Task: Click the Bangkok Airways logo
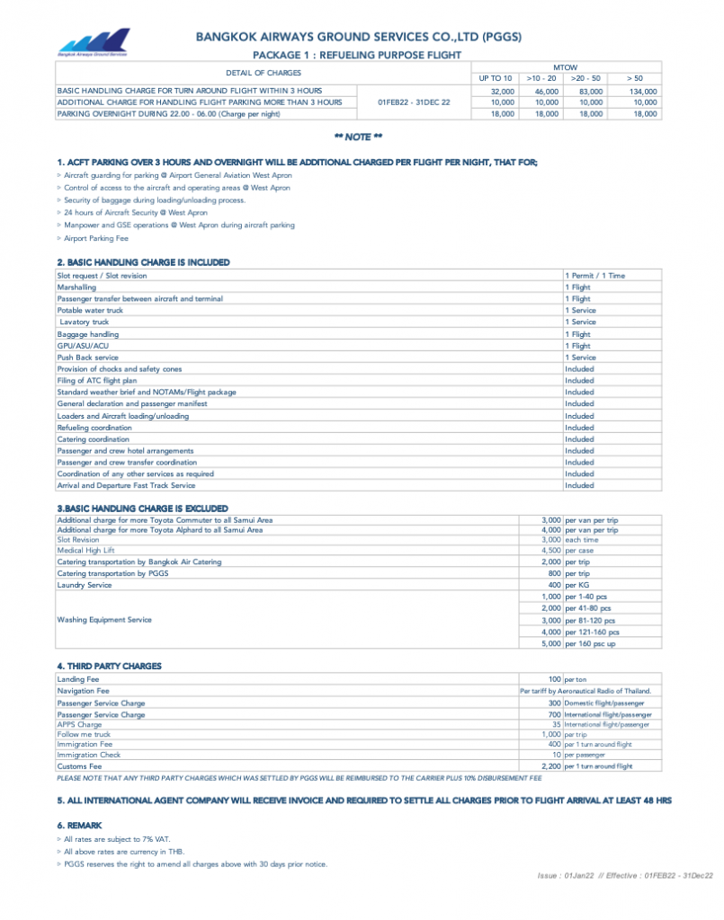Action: click(x=94, y=43)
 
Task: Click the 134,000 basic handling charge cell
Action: click(x=643, y=92)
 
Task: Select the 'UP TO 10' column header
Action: click(x=496, y=79)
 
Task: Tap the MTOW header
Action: click(x=565, y=67)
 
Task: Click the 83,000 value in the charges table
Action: click(x=591, y=92)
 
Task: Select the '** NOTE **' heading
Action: click(x=358, y=137)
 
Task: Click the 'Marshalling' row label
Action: click(x=76, y=287)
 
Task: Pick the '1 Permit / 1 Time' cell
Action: click(x=594, y=276)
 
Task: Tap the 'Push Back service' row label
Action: click(x=87, y=358)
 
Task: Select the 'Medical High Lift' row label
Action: click(x=86, y=550)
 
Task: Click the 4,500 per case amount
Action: click(x=551, y=550)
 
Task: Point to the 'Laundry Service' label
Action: click(x=85, y=585)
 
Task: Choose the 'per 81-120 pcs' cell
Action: click(x=591, y=620)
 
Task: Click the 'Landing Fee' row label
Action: click(x=78, y=679)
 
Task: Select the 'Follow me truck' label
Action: click(x=84, y=734)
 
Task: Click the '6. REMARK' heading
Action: click(x=80, y=825)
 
